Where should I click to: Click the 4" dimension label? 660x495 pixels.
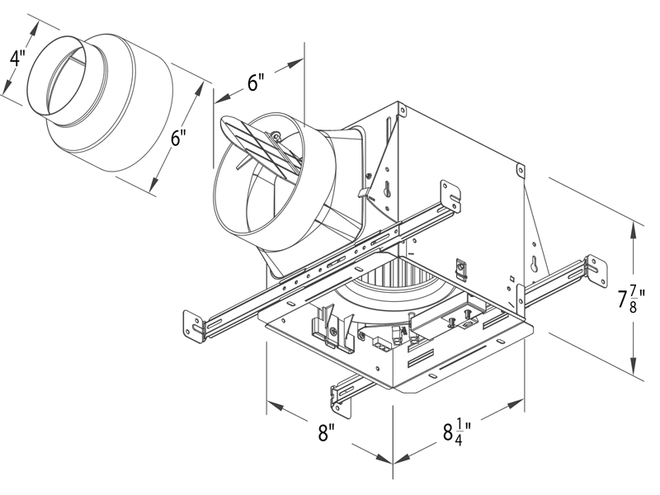click(15, 59)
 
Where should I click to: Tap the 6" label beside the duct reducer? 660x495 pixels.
click(179, 137)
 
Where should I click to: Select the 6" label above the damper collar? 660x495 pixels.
click(256, 82)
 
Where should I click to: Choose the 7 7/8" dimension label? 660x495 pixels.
click(631, 299)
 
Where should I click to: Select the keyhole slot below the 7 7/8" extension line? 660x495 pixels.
click(537, 265)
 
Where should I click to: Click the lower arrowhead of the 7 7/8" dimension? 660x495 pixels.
click(634, 370)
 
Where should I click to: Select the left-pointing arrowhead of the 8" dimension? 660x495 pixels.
click(272, 405)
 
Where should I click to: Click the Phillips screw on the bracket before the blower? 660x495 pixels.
click(332, 331)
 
